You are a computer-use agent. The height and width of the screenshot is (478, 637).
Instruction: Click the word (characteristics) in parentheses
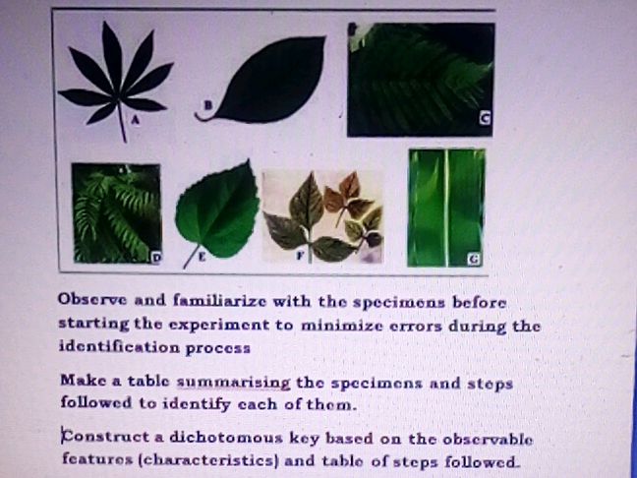(199, 459)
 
